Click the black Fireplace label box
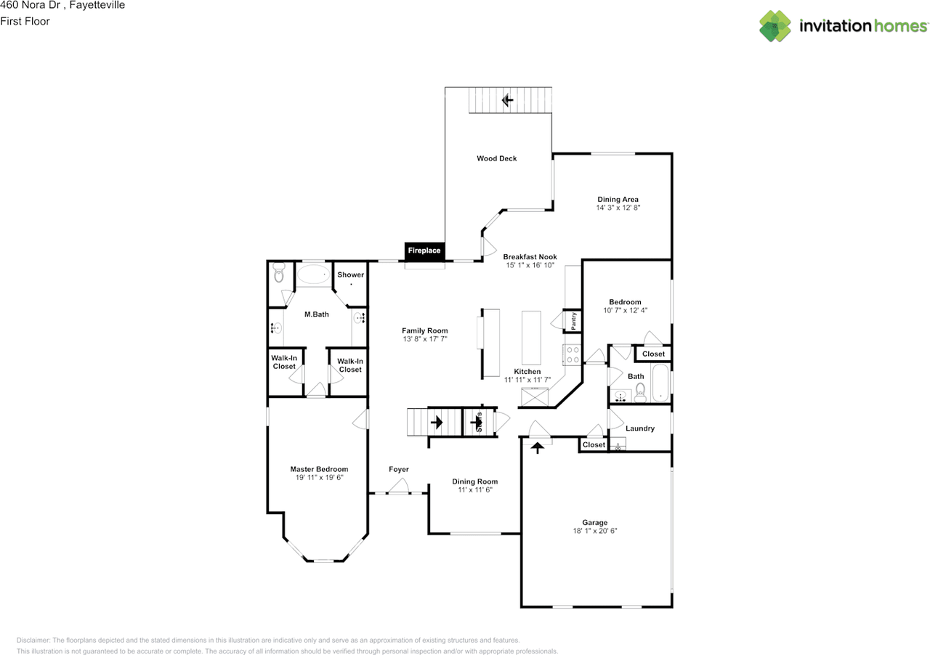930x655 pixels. (x=424, y=251)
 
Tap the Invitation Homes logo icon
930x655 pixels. (x=775, y=26)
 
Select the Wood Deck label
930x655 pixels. (x=497, y=158)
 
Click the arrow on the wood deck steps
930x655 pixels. (x=507, y=99)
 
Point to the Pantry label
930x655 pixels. (x=573, y=321)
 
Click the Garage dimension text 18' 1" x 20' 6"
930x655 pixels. (x=594, y=531)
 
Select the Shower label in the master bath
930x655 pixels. (x=350, y=274)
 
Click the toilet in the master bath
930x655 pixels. (x=278, y=274)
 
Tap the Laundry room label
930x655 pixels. (x=639, y=428)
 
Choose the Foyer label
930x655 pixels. (x=398, y=469)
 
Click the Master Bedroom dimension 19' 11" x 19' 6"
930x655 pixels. (x=319, y=478)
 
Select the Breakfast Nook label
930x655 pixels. (x=530, y=257)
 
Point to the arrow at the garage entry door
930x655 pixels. (x=538, y=448)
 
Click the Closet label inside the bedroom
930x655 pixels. (x=653, y=354)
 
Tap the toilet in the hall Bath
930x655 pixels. (x=640, y=392)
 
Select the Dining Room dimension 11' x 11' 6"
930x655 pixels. (x=475, y=490)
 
